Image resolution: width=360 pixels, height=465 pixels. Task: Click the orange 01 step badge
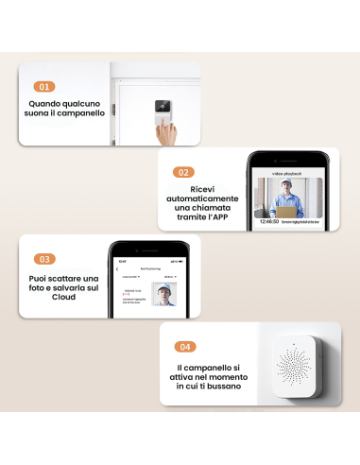44,86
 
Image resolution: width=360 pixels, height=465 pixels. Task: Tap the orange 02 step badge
184,172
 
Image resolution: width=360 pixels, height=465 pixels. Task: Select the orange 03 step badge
44,259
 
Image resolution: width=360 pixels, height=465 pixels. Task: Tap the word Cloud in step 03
63,296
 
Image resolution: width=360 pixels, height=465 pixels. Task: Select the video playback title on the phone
289,174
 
